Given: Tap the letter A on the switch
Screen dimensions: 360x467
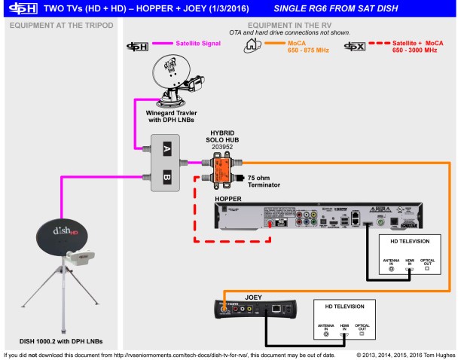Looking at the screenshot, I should click(x=168, y=149).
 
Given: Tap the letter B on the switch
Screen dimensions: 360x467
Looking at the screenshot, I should click(x=168, y=178).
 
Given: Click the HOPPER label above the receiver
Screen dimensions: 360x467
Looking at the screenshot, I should click(x=229, y=200).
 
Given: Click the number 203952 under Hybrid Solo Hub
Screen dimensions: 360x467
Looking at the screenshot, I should click(x=223, y=148).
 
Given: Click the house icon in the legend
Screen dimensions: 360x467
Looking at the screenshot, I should click(x=252, y=46).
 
